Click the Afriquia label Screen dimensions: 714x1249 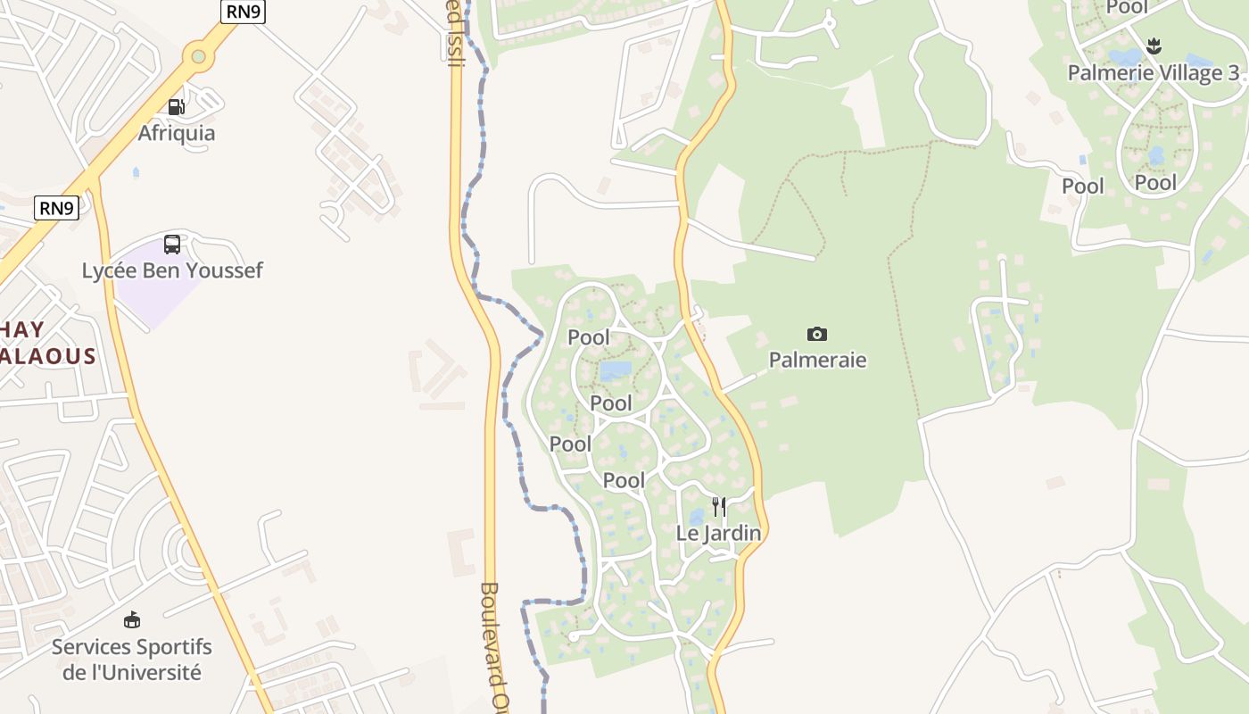177,133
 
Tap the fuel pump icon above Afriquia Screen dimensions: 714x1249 177,108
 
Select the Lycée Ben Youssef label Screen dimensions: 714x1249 172,270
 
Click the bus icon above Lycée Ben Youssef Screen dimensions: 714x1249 172,245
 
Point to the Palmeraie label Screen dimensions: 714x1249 818,361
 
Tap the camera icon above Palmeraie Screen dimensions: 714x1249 816,335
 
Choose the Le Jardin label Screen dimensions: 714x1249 718,534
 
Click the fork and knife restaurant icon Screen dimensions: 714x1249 718,508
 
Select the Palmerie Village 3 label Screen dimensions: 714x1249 1154,73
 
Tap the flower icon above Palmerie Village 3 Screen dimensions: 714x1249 1154,46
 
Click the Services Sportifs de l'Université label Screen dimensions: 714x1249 132,660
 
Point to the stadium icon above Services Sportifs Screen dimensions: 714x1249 132,619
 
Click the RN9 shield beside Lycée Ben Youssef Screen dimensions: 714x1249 57,209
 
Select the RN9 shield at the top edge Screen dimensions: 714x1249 244,10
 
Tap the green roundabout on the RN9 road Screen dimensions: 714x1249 198,57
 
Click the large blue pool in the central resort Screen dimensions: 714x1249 616,369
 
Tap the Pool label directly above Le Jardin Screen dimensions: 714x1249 624,480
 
